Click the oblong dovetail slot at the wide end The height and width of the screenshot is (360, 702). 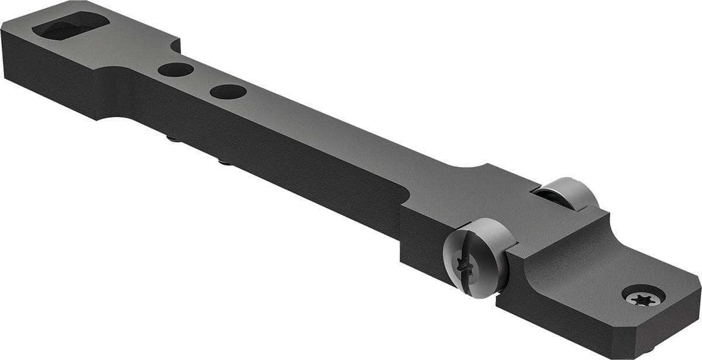point(70,26)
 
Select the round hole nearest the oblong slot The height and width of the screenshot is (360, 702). point(175,70)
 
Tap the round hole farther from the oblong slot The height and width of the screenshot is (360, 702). point(228,91)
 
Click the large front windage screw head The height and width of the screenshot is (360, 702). point(477,258)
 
